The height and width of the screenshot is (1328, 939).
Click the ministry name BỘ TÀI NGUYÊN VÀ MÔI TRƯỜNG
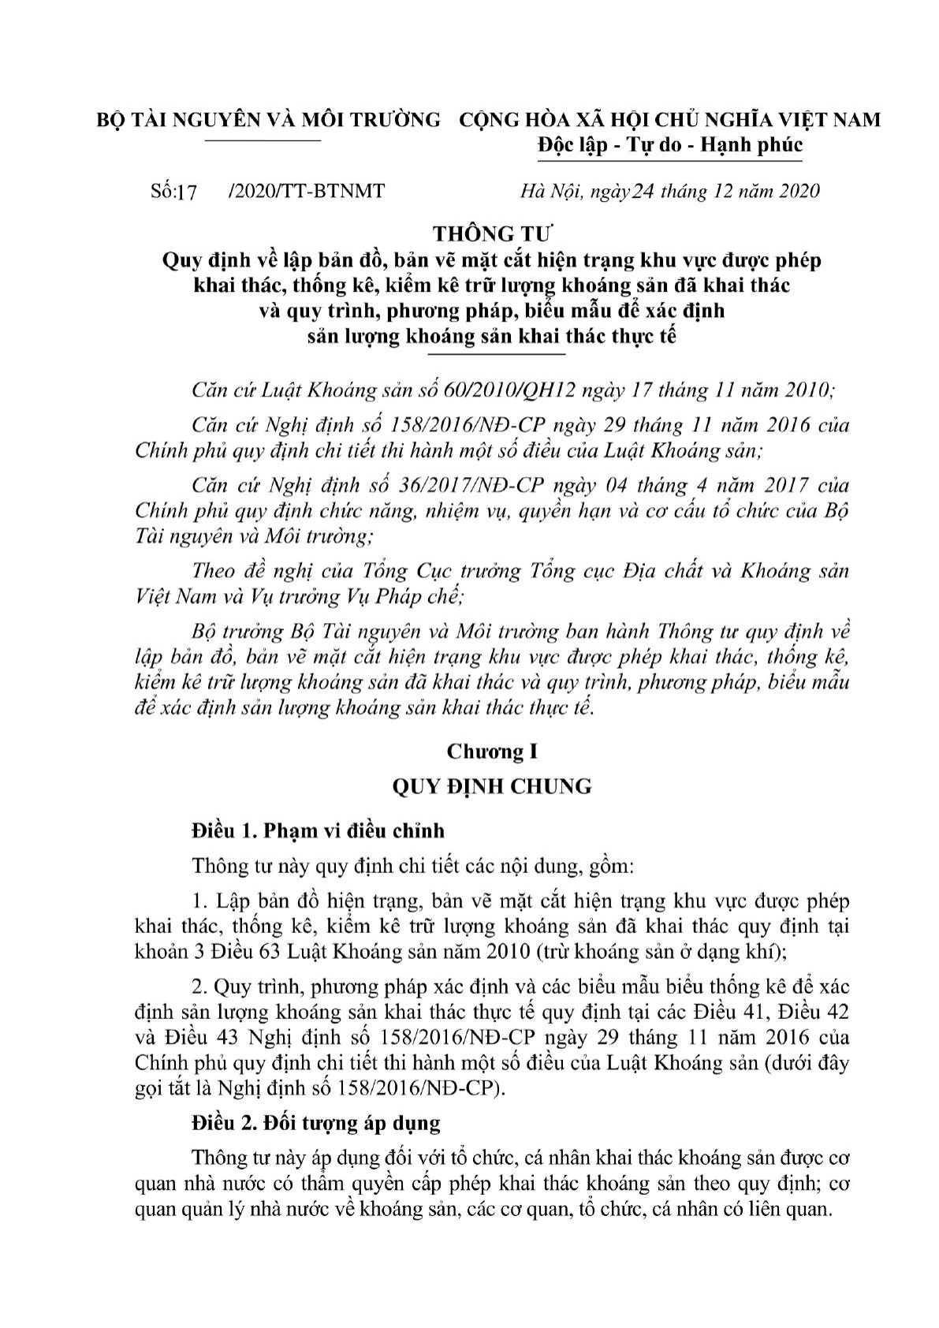pyautogui.click(x=267, y=120)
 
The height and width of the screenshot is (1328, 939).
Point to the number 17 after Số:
pyautogui.click(x=187, y=191)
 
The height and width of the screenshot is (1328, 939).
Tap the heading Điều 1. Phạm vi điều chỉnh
pyautogui.click(x=318, y=830)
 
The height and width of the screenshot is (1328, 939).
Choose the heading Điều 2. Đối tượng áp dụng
pyautogui.click(x=316, y=1122)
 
